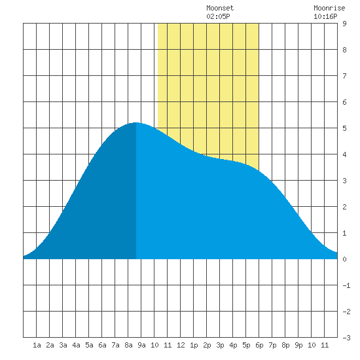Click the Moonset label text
pos(220,8)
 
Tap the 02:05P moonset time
pos(218,16)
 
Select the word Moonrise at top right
pos(329,8)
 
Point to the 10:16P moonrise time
pos(325,16)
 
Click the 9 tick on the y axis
pos(344,24)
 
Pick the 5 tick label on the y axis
pos(344,128)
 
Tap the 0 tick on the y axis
pos(344,259)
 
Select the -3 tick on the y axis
pos(346,338)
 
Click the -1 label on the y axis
pos(346,285)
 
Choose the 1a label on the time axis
pos(37,345)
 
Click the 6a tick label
pos(102,345)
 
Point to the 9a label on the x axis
pos(141,345)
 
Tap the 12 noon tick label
pos(181,345)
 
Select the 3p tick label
pos(220,345)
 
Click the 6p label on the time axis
pos(259,345)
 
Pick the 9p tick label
pos(298,345)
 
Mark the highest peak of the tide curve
pos(136,122)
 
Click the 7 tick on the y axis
pos(344,76)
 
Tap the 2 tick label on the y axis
pos(344,207)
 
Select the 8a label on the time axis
pos(128,345)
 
